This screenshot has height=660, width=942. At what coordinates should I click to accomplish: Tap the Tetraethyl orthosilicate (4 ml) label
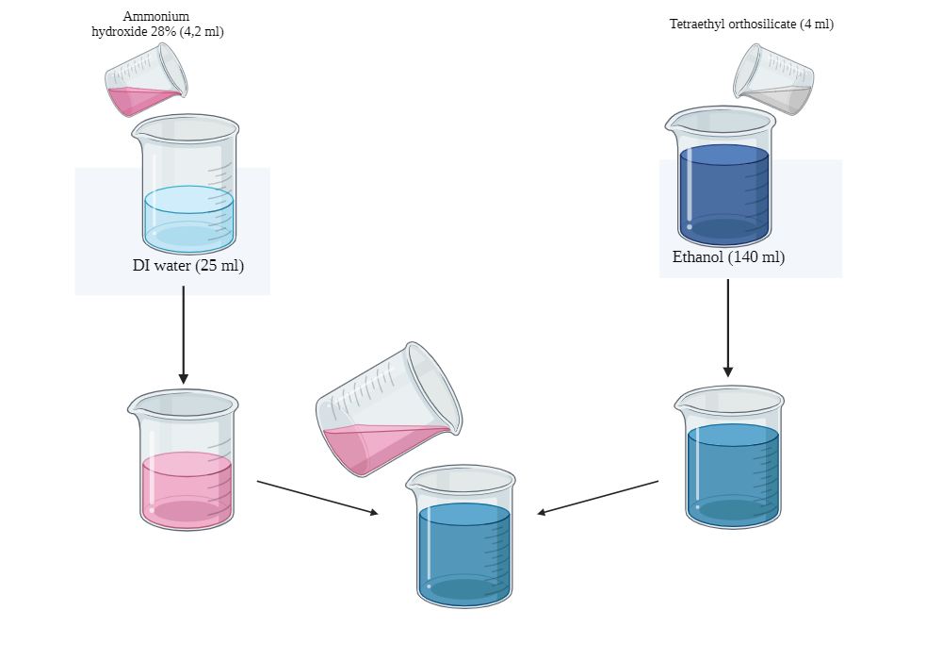click(751, 25)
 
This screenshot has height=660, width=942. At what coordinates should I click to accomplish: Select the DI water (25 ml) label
click(188, 266)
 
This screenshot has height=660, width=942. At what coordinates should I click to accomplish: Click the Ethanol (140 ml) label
click(728, 256)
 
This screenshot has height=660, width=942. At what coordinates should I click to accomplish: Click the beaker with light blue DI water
click(187, 189)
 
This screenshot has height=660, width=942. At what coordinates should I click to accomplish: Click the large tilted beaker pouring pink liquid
click(388, 408)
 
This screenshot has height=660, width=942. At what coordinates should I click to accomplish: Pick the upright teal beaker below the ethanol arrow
click(733, 462)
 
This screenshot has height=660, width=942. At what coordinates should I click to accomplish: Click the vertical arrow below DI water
click(184, 335)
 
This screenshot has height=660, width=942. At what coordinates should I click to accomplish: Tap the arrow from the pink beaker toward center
click(317, 497)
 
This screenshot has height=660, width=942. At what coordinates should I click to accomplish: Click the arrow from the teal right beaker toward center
click(598, 497)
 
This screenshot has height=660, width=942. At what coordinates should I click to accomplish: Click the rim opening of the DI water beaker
click(187, 128)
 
